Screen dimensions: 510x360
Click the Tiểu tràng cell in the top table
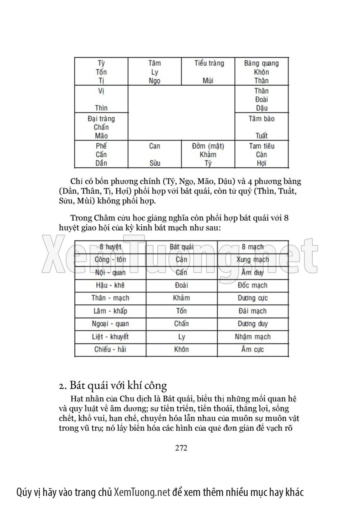coord(209,63)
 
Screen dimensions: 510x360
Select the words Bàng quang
coord(261,63)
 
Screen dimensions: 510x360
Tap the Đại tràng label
coord(101,119)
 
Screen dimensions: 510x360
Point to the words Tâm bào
coord(261,119)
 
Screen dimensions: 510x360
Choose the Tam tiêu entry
coord(261,146)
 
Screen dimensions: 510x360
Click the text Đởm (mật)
coord(208,146)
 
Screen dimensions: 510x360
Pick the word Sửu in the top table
coord(154,163)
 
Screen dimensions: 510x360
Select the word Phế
coord(101,146)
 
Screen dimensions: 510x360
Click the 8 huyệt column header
coord(110,247)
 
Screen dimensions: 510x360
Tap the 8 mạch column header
coord(253,247)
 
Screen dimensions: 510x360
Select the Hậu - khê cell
coord(110,285)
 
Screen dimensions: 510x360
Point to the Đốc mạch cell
coord(253,285)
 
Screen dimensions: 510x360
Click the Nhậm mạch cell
coord(253,337)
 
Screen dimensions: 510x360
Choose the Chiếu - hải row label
coord(110,349)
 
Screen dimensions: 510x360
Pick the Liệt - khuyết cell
coord(110,337)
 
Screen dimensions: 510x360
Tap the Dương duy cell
coord(253,324)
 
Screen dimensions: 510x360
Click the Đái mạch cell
coord(253,311)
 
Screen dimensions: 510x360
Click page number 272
coord(181,448)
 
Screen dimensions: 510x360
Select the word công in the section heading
coord(154,386)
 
